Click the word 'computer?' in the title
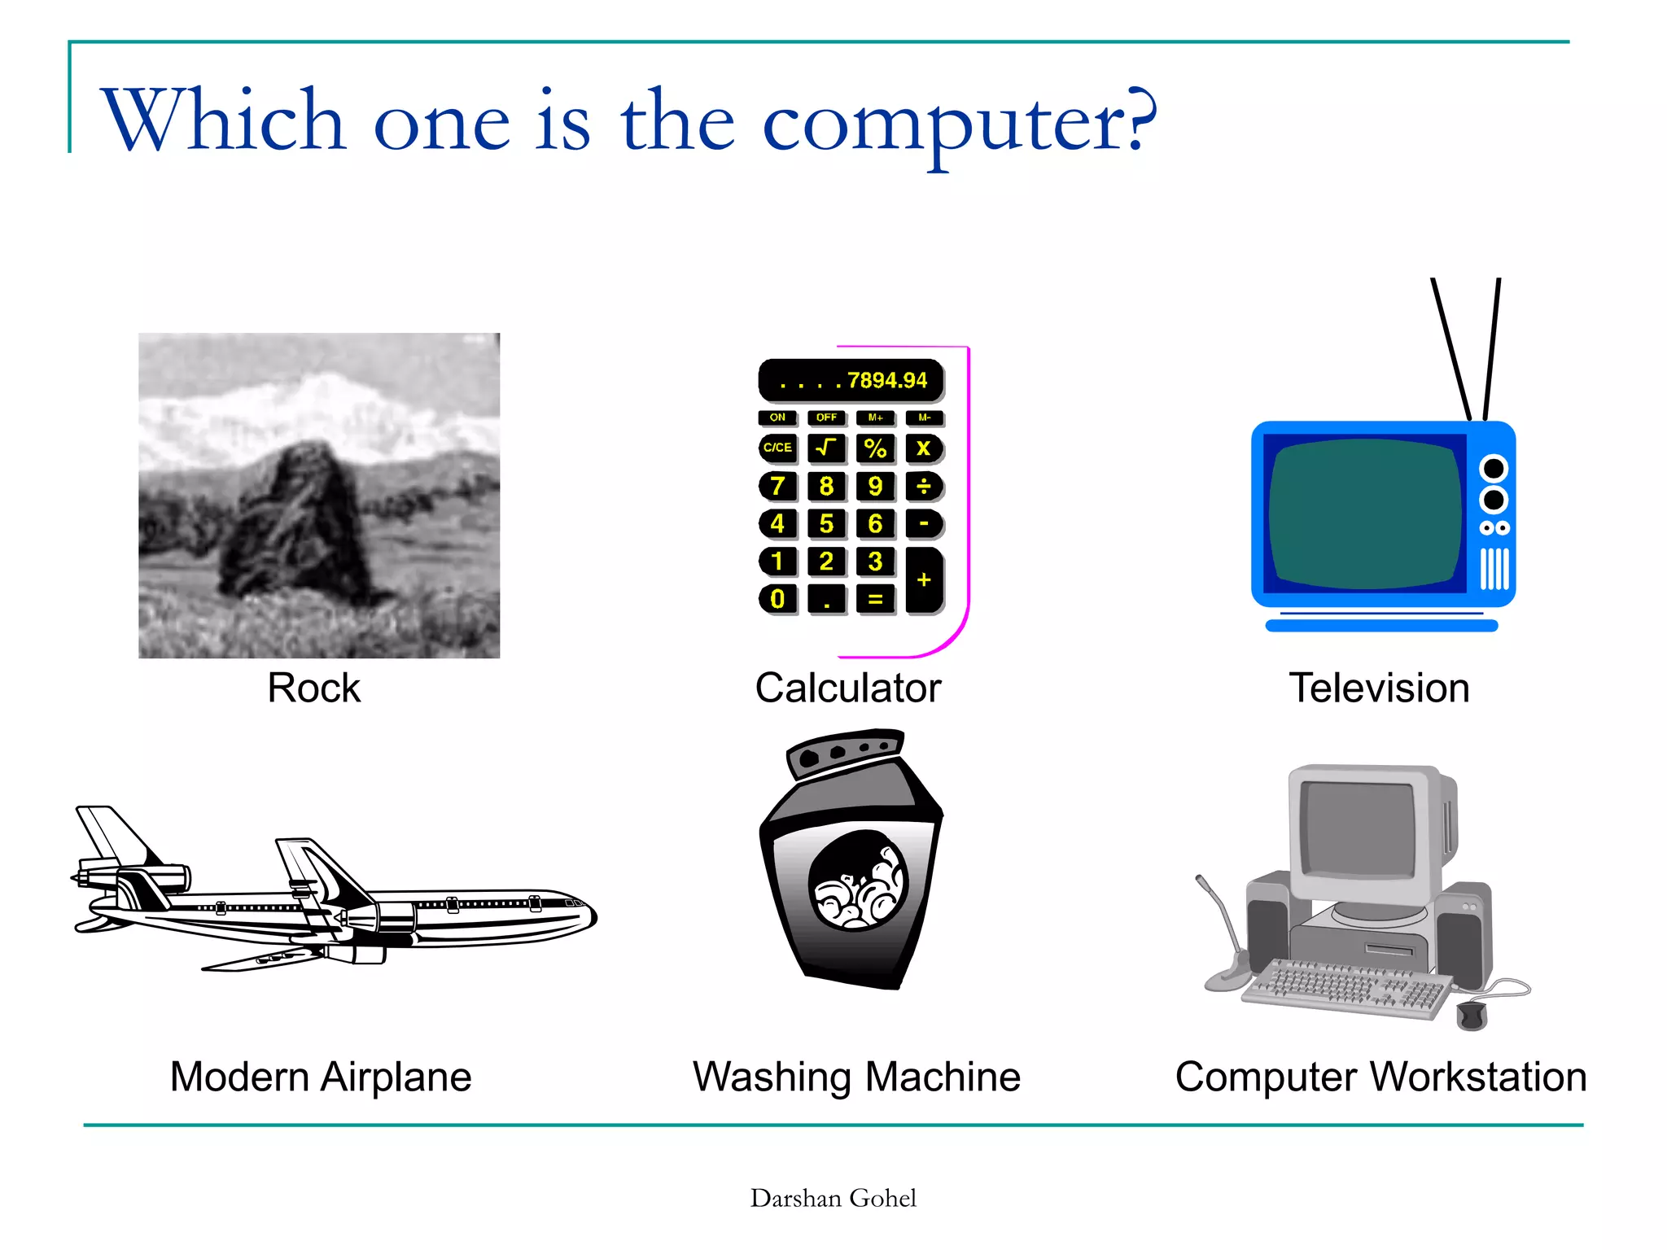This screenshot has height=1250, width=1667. tap(959, 122)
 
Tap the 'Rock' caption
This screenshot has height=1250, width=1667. tap(313, 688)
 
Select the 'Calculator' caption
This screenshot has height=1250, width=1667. tap(847, 688)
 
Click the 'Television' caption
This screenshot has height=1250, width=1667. tap(1379, 688)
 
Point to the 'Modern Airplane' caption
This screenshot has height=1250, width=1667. tap(321, 1077)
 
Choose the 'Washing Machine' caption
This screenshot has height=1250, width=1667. tap(856, 1077)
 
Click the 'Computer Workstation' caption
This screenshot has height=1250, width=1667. tap(1380, 1077)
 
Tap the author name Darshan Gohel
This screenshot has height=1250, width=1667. tap(833, 1198)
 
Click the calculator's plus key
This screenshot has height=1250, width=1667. tap(924, 579)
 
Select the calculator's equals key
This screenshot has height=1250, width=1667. tap(875, 599)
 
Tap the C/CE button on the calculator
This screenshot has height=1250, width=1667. tap(777, 448)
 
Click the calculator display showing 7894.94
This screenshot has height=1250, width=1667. tap(851, 380)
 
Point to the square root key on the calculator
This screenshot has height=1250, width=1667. tap(826, 448)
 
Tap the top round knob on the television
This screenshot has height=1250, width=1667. tap(1494, 469)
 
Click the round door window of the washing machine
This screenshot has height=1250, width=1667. tap(856, 881)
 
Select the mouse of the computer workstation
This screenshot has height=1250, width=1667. tap(1472, 1015)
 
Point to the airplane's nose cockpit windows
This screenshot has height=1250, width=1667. tap(574, 903)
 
